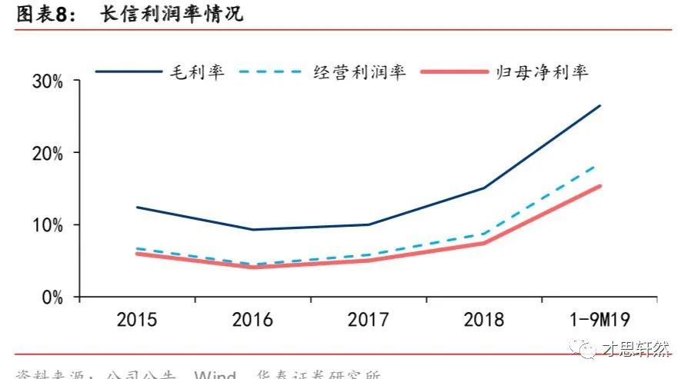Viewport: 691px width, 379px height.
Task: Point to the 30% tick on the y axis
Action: point(47,81)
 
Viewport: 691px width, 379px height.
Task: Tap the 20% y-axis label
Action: point(47,153)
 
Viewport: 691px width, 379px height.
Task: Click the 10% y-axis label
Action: point(47,225)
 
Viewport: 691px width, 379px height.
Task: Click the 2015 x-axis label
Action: point(138,320)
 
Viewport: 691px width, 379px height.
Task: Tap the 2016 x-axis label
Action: point(252,320)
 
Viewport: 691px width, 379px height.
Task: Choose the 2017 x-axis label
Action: point(368,320)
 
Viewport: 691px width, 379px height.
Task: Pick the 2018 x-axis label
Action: point(483,320)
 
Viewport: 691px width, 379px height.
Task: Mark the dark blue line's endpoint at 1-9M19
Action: point(599,105)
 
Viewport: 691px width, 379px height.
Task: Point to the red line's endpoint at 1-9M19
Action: point(599,186)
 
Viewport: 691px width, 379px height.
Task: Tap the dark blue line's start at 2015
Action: point(137,207)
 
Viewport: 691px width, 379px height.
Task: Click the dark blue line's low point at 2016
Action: point(252,229)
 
